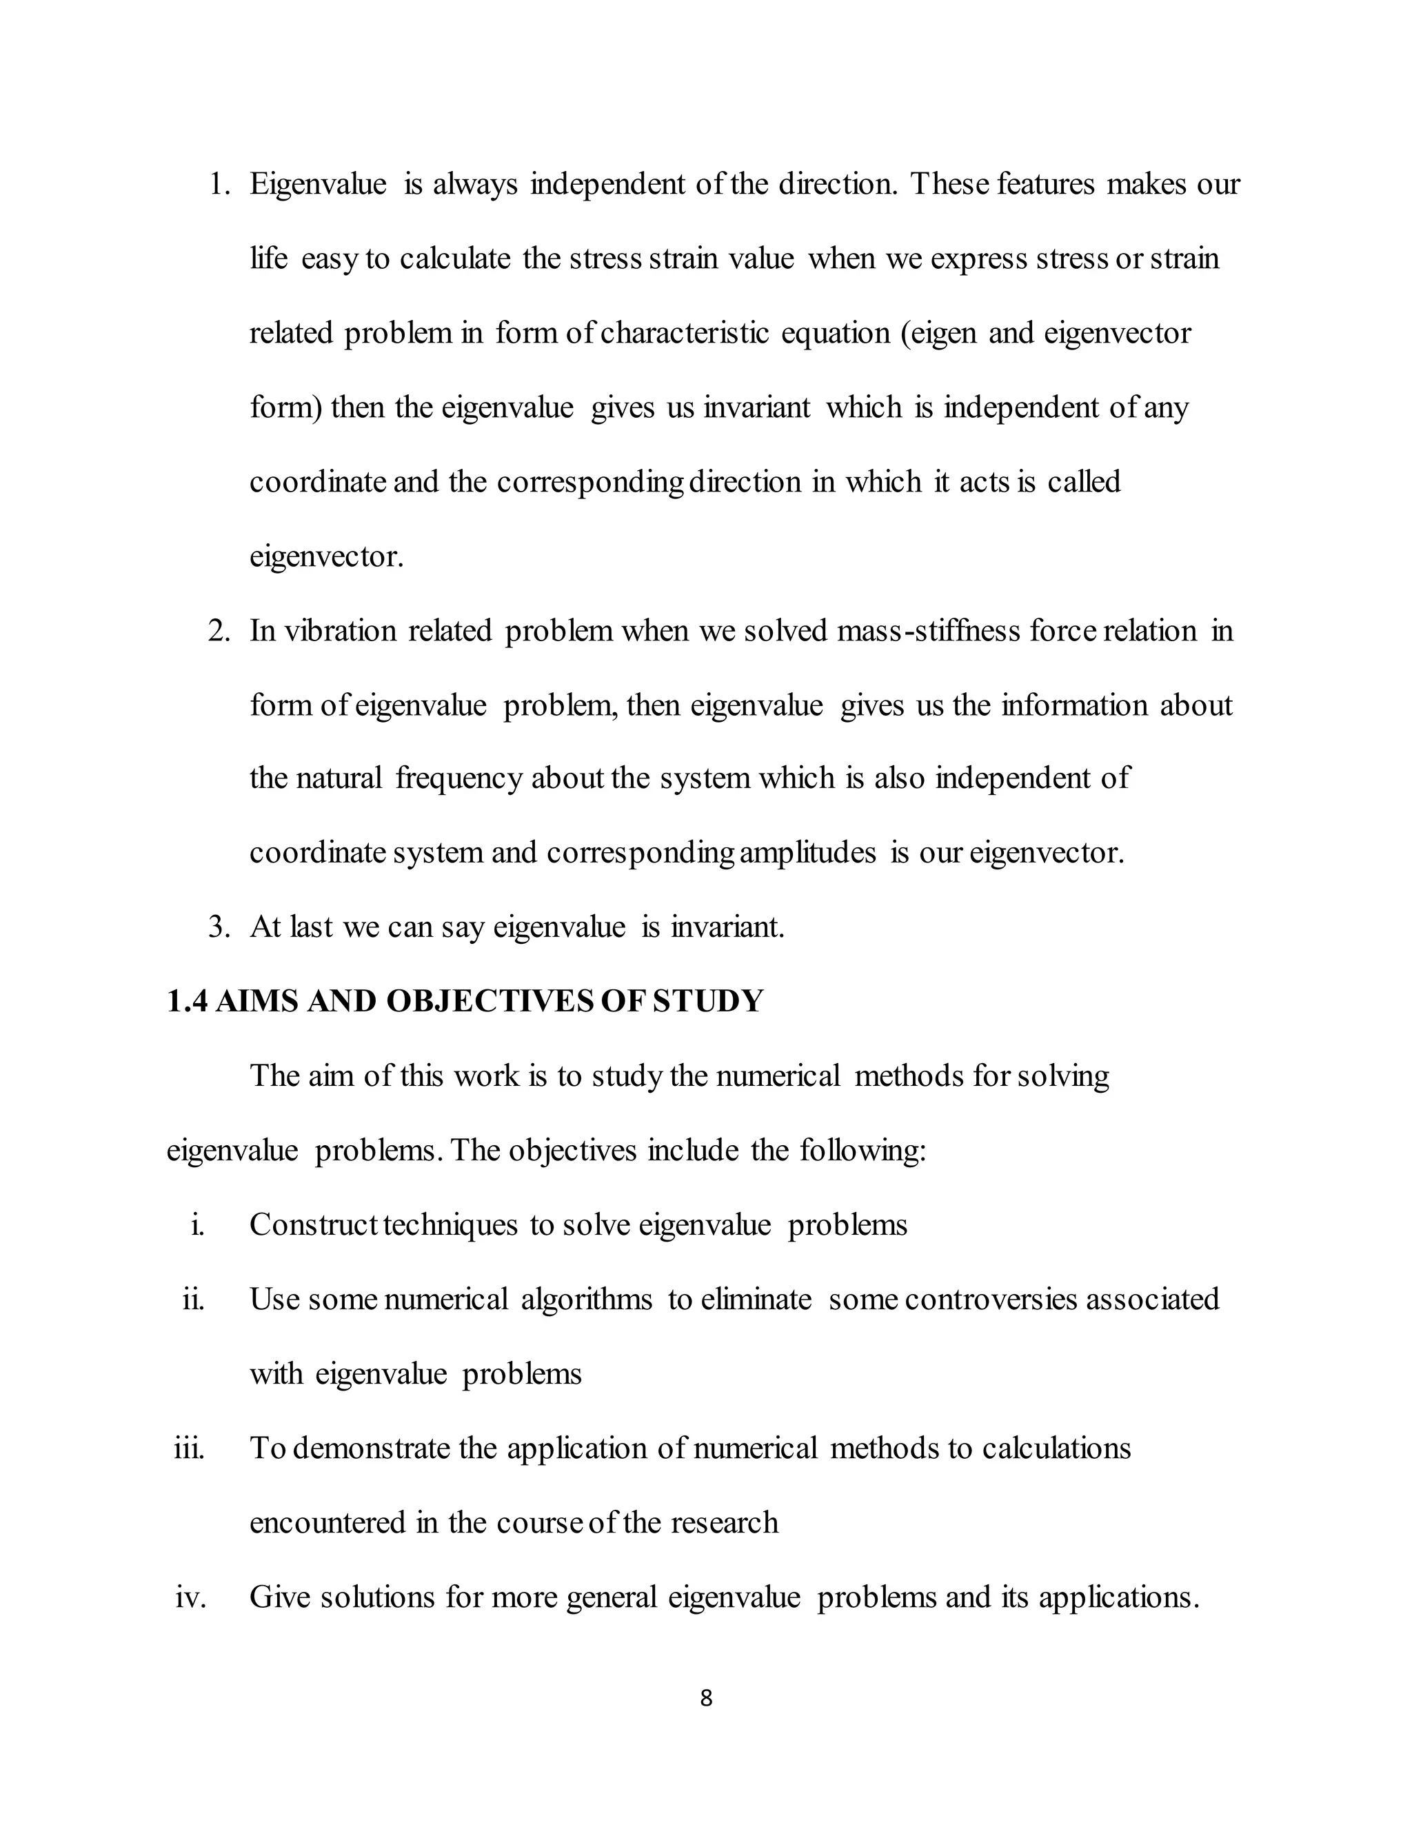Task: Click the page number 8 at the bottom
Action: (x=705, y=1697)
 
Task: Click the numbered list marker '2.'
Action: (x=219, y=630)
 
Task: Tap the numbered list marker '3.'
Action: (x=219, y=927)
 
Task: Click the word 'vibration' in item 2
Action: (x=341, y=630)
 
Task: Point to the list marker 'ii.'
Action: (x=193, y=1299)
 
